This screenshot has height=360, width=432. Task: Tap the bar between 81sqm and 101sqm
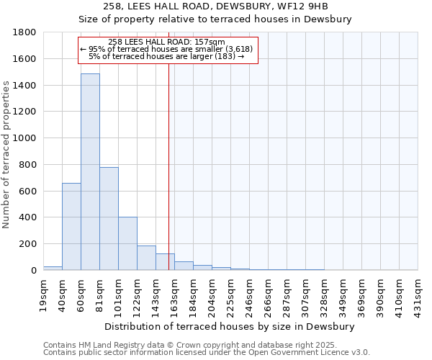[109, 218]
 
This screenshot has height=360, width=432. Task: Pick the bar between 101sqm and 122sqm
[127, 243]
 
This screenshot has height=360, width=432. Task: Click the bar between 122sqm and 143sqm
[146, 258]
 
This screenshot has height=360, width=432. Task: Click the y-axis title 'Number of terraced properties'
[6, 154]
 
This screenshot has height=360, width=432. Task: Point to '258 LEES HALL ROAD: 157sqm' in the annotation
[166, 42]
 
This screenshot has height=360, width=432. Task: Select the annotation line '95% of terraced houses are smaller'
[166, 49]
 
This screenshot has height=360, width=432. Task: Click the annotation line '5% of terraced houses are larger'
[166, 56]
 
